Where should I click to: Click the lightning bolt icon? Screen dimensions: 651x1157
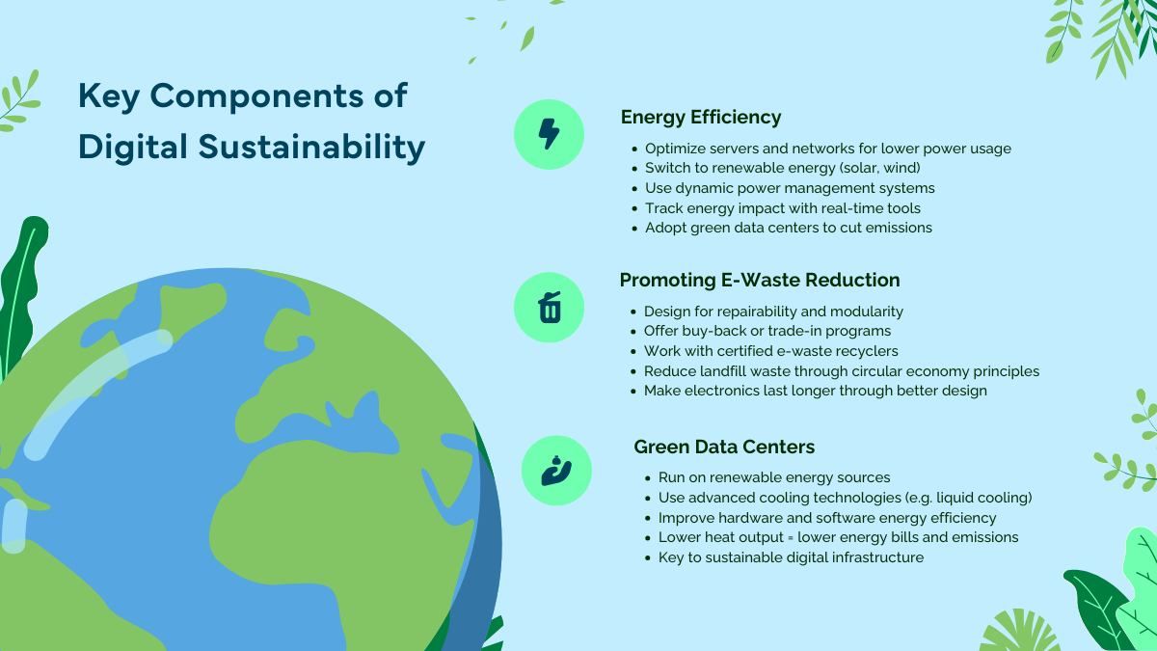[549, 134]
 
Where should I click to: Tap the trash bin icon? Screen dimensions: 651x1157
[550, 308]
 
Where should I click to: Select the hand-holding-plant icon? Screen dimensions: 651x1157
[556, 471]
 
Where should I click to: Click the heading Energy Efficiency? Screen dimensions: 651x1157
[700, 117]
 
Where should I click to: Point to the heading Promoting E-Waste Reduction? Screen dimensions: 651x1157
[759, 280]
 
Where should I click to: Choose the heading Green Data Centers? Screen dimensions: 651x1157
[724, 447]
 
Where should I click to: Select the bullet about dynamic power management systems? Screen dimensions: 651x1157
[789, 188]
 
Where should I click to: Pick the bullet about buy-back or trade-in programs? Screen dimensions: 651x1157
[767, 331]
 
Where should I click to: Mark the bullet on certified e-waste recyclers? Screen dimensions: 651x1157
[770, 351]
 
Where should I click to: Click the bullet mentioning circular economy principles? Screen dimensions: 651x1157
[841, 371]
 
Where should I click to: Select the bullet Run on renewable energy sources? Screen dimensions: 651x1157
[773, 477]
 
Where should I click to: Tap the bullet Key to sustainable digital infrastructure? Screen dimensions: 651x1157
[791, 557]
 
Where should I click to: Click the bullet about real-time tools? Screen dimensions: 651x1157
[782, 208]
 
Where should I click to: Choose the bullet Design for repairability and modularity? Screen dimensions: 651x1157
[773, 312]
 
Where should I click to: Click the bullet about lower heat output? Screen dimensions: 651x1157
[838, 537]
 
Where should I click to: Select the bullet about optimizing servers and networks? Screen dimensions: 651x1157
[827, 149]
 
